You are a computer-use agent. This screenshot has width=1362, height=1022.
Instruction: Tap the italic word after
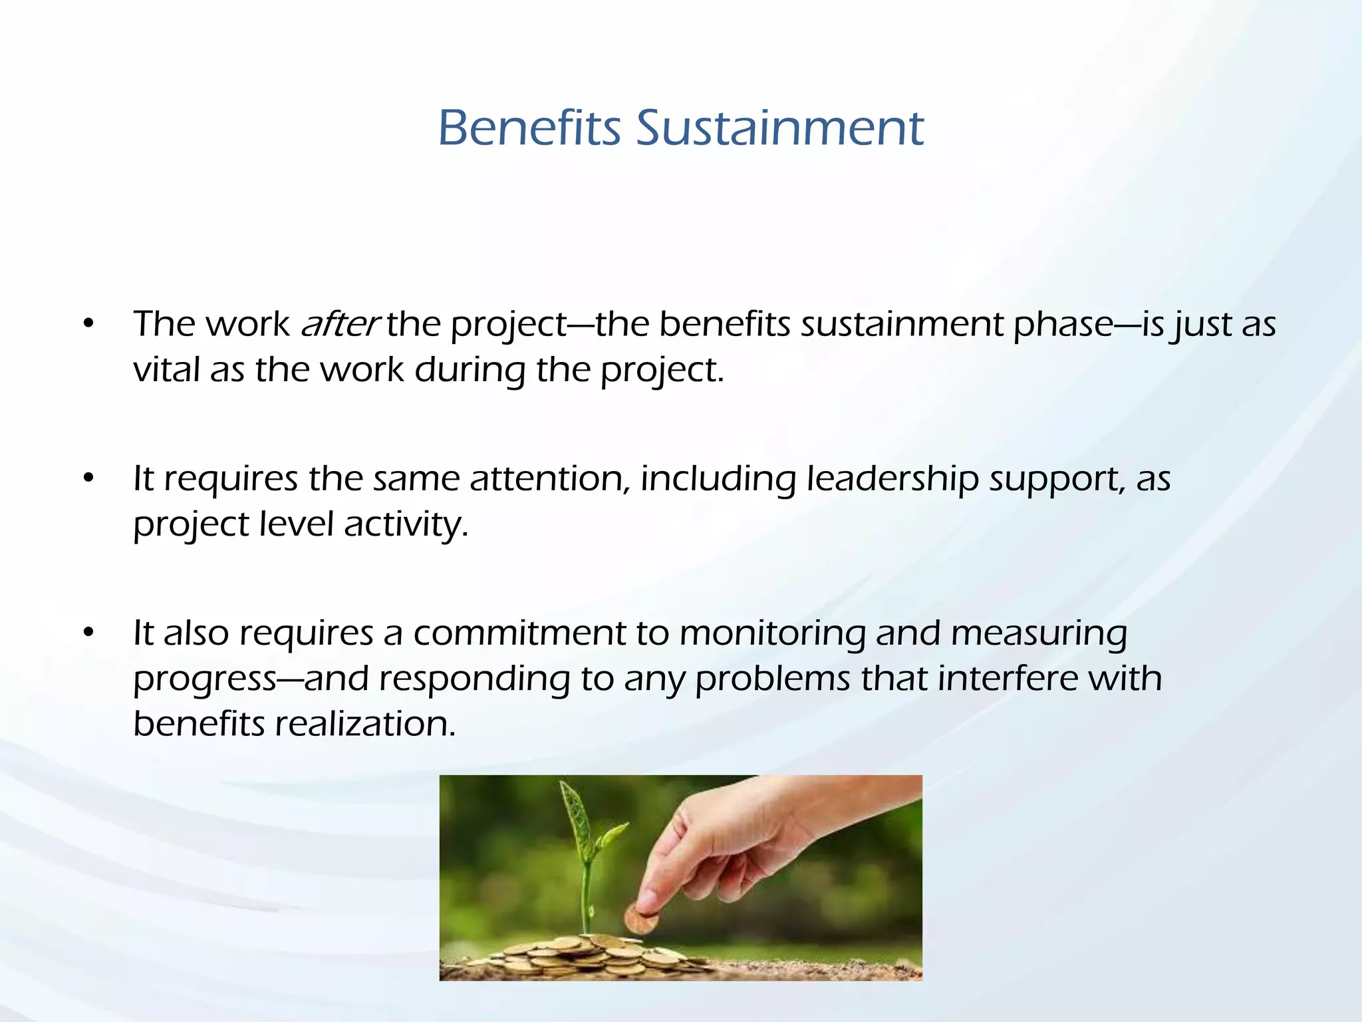[x=339, y=324]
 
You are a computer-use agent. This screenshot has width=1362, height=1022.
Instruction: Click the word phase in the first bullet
[x=1063, y=325]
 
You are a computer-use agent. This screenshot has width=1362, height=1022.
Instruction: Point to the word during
[x=470, y=371]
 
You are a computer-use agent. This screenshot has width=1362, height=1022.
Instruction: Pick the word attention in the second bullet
[x=549, y=479]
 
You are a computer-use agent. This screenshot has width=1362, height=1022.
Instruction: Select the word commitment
[x=519, y=633]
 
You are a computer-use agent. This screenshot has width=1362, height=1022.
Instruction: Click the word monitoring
[x=771, y=633]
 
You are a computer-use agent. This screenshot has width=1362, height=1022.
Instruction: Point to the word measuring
[x=1039, y=633]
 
